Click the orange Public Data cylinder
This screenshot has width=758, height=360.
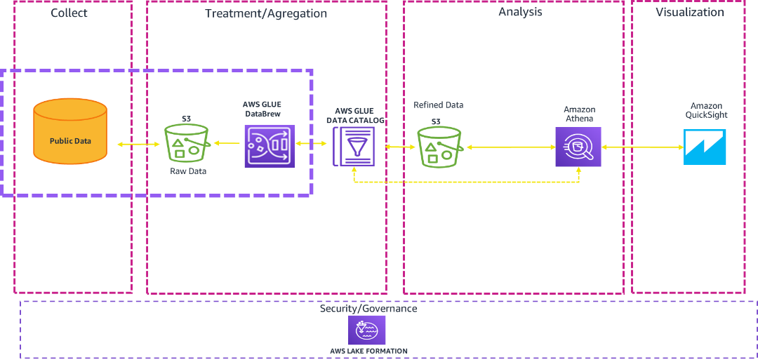70,131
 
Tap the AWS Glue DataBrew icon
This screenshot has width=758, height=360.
270,146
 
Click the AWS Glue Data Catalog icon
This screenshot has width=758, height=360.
354,146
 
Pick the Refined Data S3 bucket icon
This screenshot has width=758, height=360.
439,147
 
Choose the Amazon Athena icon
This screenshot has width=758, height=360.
578,147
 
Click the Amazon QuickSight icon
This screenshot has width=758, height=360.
705,147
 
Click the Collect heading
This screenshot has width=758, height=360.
69,13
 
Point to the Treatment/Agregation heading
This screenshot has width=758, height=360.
265,13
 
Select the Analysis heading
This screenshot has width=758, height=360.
520,12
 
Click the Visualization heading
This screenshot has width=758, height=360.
689,12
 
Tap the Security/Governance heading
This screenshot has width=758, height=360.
368,309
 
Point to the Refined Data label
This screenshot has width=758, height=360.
439,105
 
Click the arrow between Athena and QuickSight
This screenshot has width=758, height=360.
642,147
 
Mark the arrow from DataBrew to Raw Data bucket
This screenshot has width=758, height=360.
227,144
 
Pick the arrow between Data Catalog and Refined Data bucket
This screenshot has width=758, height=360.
400,147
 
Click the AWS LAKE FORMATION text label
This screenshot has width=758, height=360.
368,350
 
